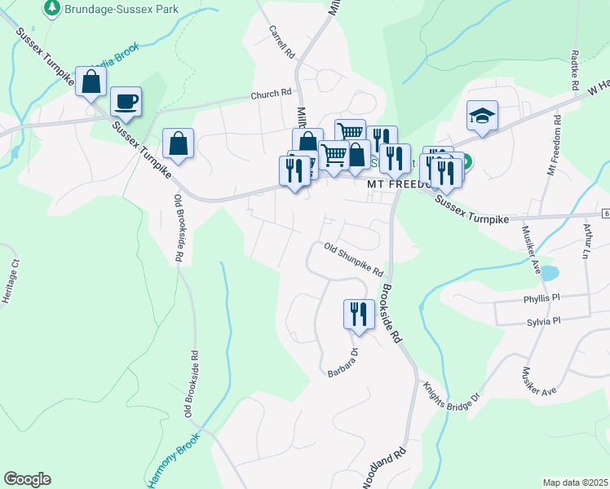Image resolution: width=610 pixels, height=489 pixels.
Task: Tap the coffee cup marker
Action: point(126,103)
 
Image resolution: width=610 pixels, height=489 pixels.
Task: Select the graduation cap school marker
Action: point(482,116)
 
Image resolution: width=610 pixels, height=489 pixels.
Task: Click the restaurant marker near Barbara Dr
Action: point(358,314)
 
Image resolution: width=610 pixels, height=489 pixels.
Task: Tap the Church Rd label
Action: point(271,94)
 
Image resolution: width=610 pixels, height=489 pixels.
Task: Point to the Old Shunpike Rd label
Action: point(353,260)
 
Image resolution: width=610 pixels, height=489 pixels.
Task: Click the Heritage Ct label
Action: point(10,281)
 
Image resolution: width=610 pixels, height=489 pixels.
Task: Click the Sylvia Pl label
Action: point(544,321)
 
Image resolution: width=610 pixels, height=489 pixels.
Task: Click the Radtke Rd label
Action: point(575,70)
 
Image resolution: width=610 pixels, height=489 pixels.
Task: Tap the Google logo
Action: point(27,479)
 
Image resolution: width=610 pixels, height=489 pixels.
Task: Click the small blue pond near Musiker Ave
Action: point(549,271)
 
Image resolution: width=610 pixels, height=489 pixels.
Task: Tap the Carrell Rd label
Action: point(281,40)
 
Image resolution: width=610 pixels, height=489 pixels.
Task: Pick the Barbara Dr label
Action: point(343,364)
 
